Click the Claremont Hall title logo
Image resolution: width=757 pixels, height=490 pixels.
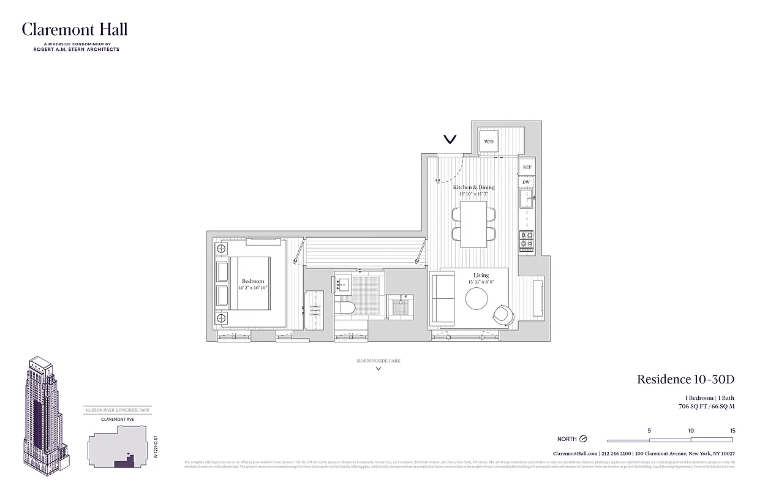(75, 29)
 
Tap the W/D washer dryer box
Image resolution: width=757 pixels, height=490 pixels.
(489, 142)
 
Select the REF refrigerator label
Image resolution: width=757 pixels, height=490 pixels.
(527, 167)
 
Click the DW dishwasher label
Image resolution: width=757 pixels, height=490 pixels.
(525, 182)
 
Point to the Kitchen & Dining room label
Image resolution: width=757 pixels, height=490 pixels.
(473, 187)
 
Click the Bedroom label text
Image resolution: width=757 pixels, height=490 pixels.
(253, 281)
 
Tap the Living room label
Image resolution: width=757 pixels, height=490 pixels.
(481, 276)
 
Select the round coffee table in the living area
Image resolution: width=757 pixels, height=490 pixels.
(476, 299)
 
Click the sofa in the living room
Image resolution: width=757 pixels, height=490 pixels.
(442, 299)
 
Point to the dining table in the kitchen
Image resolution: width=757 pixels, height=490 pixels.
(473, 224)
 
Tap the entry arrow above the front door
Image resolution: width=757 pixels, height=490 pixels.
(450, 140)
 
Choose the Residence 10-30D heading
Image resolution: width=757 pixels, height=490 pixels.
(685, 379)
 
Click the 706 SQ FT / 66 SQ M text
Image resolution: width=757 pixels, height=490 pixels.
(706, 406)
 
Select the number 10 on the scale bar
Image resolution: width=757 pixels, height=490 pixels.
(691, 431)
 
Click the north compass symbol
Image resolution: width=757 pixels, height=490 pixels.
(583, 439)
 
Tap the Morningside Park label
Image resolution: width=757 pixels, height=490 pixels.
(378, 361)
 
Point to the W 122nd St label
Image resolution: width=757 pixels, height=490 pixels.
(156, 447)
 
